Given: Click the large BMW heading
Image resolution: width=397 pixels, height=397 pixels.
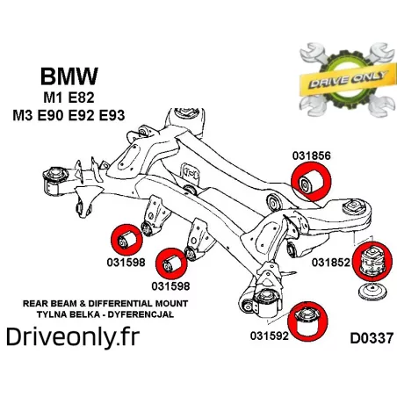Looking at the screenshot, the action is pyautogui.click(x=69, y=76).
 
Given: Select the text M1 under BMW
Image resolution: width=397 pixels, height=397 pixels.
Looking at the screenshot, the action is pyautogui.click(x=54, y=97).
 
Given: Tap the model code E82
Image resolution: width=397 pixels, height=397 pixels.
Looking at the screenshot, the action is pyautogui.click(x=81, y=97).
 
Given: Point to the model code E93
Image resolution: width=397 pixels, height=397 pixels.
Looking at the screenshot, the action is pyautogui.click(x=112, y=116).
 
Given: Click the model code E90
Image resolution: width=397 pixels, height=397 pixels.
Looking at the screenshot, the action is pyautogui.click(x=50, y=116).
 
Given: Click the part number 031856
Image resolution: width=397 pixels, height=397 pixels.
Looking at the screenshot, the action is pyautogui.click(x=312, y=155).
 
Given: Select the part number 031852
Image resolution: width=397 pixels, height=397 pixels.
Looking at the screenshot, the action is pyautogui.click(x=331, y=263).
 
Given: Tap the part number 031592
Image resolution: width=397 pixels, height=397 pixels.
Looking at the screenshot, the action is pyautogui.click(x=270, y=336).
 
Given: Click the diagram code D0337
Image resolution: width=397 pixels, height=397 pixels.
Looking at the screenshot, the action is pyautogui.click(x=372, y=338).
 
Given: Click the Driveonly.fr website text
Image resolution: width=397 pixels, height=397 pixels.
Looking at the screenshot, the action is pyautogui.click(x=73, y=337).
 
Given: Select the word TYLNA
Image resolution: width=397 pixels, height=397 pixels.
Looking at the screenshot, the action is pyautogui.click(x=48, y=314).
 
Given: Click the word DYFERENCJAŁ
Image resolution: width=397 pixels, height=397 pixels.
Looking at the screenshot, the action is pyautogui.click(x=141, y=314).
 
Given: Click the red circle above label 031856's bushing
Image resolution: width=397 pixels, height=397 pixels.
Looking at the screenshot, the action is pyautogui.click(x=311, y=183).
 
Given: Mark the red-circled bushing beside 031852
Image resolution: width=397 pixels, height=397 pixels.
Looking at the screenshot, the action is pyautogui.click(x=372, y=262).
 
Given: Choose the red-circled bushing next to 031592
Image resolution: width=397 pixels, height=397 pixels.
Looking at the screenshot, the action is pyautogui.click(x=307, y=321).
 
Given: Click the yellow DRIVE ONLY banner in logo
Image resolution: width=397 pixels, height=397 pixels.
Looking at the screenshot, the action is pyautogui.click(x=346, y=80).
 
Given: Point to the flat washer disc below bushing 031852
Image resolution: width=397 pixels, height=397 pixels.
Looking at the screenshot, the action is pyautogui.click(x=372, y=292).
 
